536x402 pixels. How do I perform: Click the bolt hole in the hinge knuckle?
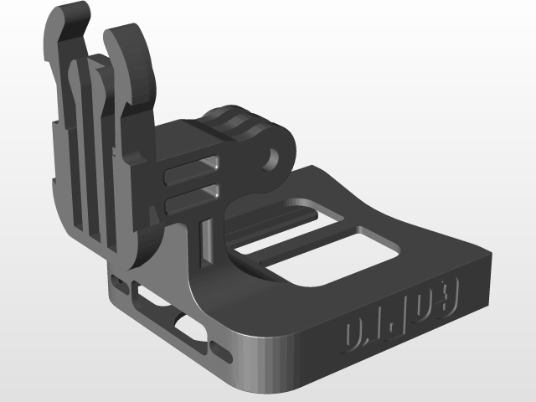(x=272, y=156)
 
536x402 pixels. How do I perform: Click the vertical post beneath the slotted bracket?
(x=206, y=234)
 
